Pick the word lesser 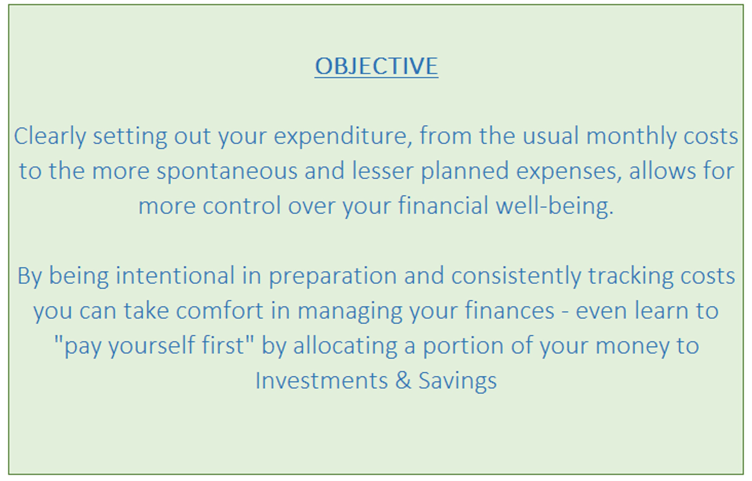point(383,171)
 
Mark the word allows point(662,171)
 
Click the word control point(242,206)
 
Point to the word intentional point(175,276)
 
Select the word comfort point(220,311)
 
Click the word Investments point(322,381)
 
